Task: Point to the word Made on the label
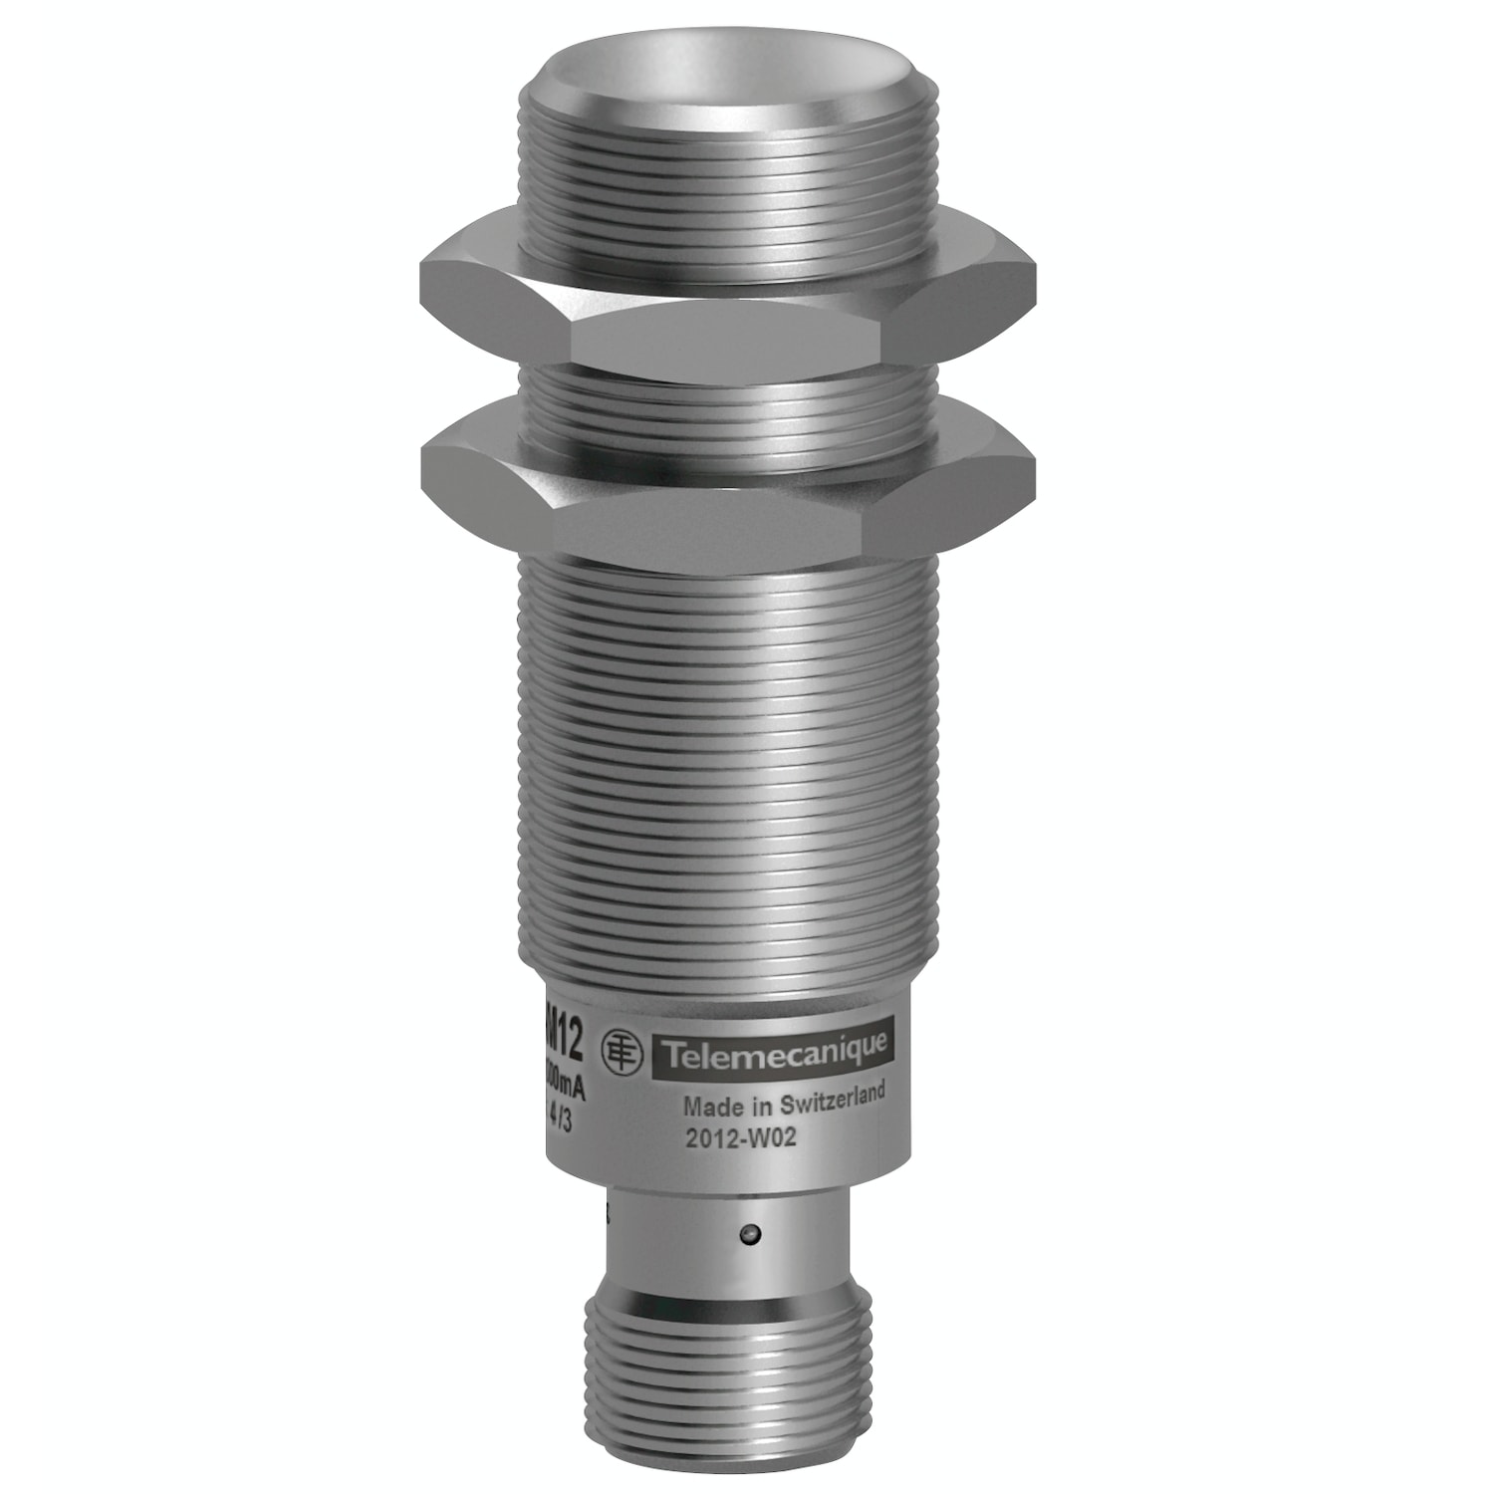click(703, 1106)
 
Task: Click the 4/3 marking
click(566, 1119)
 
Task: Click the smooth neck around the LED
click(697, 1235)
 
